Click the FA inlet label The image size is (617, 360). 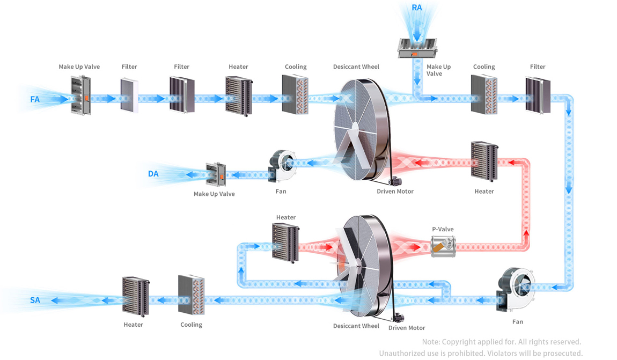coord(35,99)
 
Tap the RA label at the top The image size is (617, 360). coord(417,8)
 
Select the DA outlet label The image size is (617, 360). coord(153,174)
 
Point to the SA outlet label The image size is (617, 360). coord(35,300)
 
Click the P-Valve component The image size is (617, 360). coord(442,247)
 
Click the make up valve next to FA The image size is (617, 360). coord(80,95)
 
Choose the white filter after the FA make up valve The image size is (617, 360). coord(129,95)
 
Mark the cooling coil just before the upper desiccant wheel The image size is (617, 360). coord(295,94)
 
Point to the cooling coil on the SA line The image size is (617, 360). coord(192,295)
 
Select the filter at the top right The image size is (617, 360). coord(537,95)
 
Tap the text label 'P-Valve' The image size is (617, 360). coord(443,229)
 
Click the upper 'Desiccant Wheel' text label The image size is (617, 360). coord(356,67)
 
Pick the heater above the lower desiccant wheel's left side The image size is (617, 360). coord(285,241)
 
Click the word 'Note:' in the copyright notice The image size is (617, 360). coord(431,342)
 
